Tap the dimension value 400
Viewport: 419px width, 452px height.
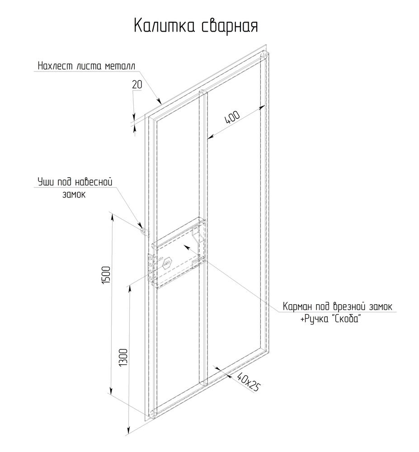(232, 118)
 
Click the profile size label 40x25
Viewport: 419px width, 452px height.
(247, 381)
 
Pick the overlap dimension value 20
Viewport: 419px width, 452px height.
(137, 85)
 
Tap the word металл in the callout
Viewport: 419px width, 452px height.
(120, 66)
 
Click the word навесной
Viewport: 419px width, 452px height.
(94, 182)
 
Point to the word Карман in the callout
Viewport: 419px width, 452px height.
(297, 307)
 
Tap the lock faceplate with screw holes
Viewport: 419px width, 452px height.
(152, 270)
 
